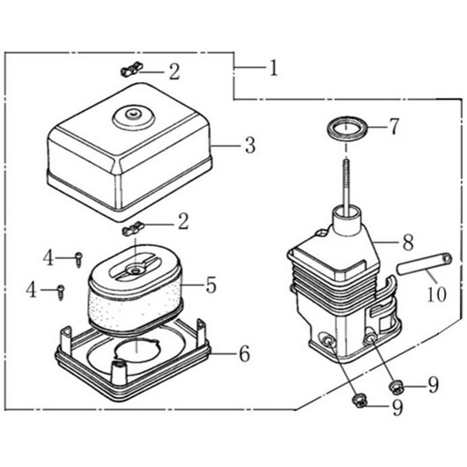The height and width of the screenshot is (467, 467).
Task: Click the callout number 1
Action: click(273, 68)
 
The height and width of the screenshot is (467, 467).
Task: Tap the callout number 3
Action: click(250, 145)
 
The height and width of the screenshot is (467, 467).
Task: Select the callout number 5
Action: click(211, 285)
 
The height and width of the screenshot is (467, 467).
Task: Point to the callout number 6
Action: click(245, 353)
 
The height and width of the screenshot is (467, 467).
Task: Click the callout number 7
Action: click(394, 126)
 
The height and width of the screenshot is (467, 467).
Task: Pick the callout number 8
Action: click(408, 242)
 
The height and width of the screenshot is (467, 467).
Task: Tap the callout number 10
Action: click(437, 293)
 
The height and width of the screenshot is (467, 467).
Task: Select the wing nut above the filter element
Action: click(133, 228)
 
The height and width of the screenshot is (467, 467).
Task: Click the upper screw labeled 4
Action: click(78, 259)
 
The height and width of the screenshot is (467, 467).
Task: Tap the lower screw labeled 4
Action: click(61, 292)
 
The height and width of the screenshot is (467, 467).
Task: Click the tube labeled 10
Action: click(424, 263)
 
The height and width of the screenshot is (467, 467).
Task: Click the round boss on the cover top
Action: click(134, 116)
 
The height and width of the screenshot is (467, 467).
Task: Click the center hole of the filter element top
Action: click(136, 271)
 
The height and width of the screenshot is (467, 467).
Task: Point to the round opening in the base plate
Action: click(137, 352)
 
